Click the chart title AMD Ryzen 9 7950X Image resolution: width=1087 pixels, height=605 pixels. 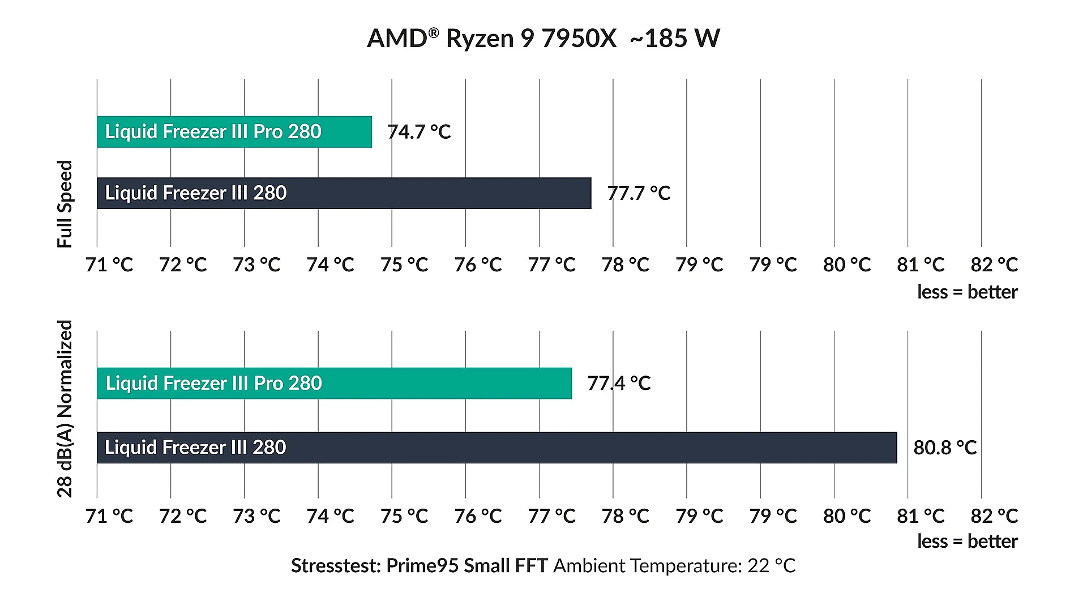(x=491, y=39)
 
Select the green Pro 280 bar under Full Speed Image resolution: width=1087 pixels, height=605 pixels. (x=234, y=132)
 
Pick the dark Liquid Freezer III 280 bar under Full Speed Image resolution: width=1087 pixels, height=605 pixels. (x=344, y=193)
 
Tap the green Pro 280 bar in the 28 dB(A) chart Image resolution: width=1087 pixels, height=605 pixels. (x=334, y=384)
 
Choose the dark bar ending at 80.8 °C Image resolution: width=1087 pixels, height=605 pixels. (x=497, y=448)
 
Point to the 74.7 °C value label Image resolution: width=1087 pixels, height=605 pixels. (x=419, y=132)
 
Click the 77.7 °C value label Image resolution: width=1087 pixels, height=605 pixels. (x=639, y=193)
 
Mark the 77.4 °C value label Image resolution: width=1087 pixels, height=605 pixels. (x=619, y=384)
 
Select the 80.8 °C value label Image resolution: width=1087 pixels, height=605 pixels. (x=945, y=448)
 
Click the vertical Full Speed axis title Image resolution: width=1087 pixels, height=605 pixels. (x=65, y=204)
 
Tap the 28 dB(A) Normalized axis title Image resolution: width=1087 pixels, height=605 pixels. (x=65, y=408)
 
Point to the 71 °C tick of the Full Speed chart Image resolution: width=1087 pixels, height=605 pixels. (x=109, y=265)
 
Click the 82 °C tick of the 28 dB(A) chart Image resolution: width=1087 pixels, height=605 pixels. (x=994, y=516)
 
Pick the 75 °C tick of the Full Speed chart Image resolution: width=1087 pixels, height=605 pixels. (x=404, y=265)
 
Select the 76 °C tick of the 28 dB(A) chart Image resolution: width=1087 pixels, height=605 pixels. (x=478, y=516)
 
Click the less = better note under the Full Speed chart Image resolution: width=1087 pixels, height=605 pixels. (x=967, y=292)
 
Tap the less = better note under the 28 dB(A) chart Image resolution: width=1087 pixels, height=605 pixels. (x=967, y=542)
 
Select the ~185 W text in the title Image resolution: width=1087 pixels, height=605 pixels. (x=674, y=39)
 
